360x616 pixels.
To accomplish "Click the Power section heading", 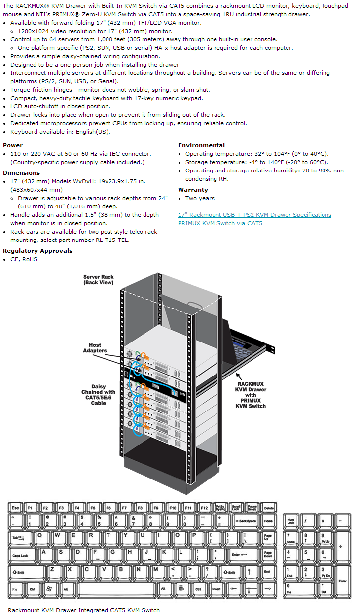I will (13, 145).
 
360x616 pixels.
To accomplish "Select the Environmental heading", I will (201, 145).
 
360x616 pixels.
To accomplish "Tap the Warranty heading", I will (193, 190).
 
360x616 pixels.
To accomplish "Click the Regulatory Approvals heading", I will (37, 251).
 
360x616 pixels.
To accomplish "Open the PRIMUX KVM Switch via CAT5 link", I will (220, 223).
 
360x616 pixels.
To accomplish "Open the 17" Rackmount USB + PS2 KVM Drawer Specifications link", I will (254, 215).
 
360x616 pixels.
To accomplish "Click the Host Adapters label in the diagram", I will (95, 348).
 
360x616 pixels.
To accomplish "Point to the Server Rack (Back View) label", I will (99, 280).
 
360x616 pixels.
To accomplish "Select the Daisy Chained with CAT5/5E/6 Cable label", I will (98, 395).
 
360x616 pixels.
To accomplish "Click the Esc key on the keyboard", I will (15, 507).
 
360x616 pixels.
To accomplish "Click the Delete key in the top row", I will (268, 507).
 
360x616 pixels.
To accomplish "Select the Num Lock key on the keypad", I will (291, 520).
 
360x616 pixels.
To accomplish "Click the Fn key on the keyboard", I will (15, 589).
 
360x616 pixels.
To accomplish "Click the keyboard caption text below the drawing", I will (84, 610).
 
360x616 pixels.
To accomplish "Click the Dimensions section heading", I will (21, 173).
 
